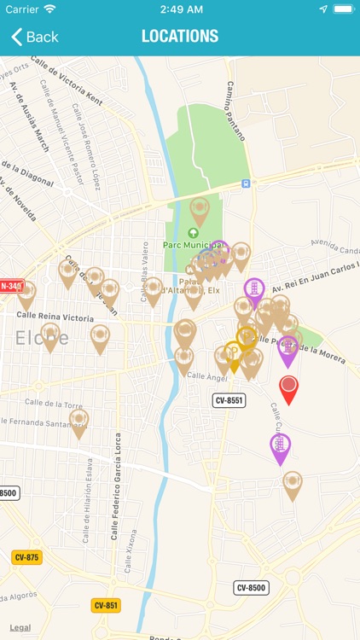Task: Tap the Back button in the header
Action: coord(35,37)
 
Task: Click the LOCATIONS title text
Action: coord(180,37)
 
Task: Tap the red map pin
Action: coord(289,388)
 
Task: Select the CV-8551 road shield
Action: coord(229,400)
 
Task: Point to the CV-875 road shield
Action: coord(26,557)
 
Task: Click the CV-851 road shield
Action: coord(106,605)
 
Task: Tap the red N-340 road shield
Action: coord(11,287)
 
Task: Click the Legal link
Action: coord(20,628)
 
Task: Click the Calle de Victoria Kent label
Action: coord(67,82)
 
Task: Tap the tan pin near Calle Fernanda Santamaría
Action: coord(79,422)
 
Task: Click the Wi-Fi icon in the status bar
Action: coord(49,9)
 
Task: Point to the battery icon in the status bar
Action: coord(343,9)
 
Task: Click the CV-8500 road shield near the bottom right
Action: coord(252,587)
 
